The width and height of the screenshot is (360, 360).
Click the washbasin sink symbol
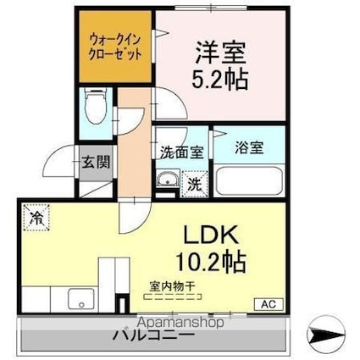pyautogui.click(x=166, y=179)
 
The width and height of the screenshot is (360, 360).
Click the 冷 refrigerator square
pyautogui.click(x=36, y=219)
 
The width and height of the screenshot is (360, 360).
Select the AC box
pyautogui.click(x=265, y=303)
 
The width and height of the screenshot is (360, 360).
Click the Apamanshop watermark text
pyautogui.click(x=173, y=323)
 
